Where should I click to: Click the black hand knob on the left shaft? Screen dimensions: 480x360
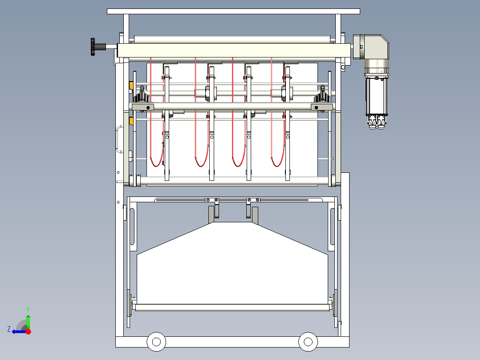coord(93,47)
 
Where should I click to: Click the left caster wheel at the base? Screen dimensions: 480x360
coord(156,342)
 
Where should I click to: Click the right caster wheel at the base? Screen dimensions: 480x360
coord(308,342)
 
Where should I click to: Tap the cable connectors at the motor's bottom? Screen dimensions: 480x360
coord(377,122)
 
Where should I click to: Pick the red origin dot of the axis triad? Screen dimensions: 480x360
coord(28,331)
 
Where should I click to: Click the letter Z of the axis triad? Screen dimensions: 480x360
coord(9,329)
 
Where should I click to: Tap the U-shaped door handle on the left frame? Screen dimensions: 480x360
coord(118,139)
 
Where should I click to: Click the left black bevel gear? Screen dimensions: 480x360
coord(142,96)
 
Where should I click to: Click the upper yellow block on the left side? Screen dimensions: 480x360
coord(131,86)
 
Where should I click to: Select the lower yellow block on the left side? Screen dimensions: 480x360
coord(131,121)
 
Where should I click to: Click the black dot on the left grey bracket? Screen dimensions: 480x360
coord(148,107)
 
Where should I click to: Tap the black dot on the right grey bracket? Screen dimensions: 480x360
coord(316,107)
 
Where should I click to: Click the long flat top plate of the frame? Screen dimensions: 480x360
coord(234,11)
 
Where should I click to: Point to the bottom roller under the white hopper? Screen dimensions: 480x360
coord(232,307)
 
